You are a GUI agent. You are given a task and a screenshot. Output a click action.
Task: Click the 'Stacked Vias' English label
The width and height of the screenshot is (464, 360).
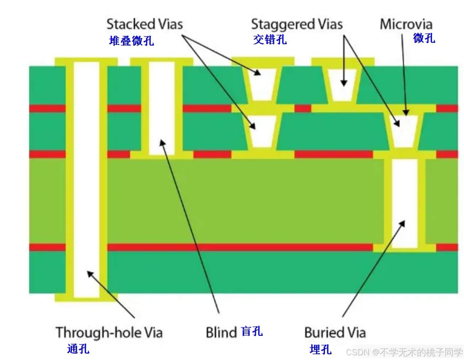[x=144, y=24]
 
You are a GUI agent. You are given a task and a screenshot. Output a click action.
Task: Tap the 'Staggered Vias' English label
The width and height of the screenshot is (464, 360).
[x=297, y=24]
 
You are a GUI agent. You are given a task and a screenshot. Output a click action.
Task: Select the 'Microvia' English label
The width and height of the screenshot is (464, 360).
[x=406, y=24]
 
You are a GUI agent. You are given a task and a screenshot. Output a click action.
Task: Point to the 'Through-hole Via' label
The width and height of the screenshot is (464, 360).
[x=109, y=332]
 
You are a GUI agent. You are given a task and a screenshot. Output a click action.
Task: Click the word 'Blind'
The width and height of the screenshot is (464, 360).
[x=221, y=332]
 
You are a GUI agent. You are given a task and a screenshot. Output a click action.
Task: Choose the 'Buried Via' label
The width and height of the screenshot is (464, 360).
[x=335, y=332]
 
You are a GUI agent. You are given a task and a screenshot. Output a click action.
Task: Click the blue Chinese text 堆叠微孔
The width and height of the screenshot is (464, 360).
[x=131, y=41]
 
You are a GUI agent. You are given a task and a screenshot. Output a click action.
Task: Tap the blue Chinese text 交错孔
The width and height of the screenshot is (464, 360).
[x=270, y=39]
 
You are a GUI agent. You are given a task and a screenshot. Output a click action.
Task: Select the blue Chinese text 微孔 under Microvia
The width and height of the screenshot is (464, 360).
[x=424, y=37]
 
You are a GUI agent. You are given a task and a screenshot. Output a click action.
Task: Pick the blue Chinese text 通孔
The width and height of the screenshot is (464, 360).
[x=78, y=349]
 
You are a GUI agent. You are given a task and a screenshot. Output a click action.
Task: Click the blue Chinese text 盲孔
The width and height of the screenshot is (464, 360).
[x=252, y=331]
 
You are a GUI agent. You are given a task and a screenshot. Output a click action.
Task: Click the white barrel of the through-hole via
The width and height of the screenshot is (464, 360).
[x=86, y=179]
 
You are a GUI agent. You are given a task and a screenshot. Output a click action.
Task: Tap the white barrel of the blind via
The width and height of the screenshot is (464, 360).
[x=161, y=108]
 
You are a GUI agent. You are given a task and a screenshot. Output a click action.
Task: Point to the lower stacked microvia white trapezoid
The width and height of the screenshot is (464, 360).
[x=263, y=131]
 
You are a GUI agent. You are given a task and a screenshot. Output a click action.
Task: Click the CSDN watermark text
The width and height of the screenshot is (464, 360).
[x=404, y=352]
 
